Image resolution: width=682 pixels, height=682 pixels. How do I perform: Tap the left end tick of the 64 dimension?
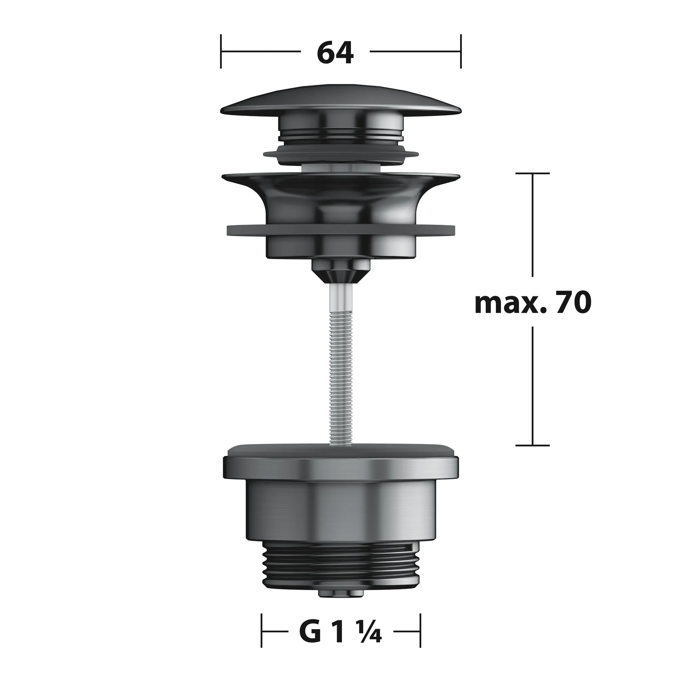(x=221, y=52)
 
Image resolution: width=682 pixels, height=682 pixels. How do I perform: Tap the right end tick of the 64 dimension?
(x=461, y=52)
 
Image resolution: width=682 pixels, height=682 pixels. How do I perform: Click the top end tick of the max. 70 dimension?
(x=532, y=173)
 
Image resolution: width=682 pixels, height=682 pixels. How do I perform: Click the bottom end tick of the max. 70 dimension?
(x=532, y=446)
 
